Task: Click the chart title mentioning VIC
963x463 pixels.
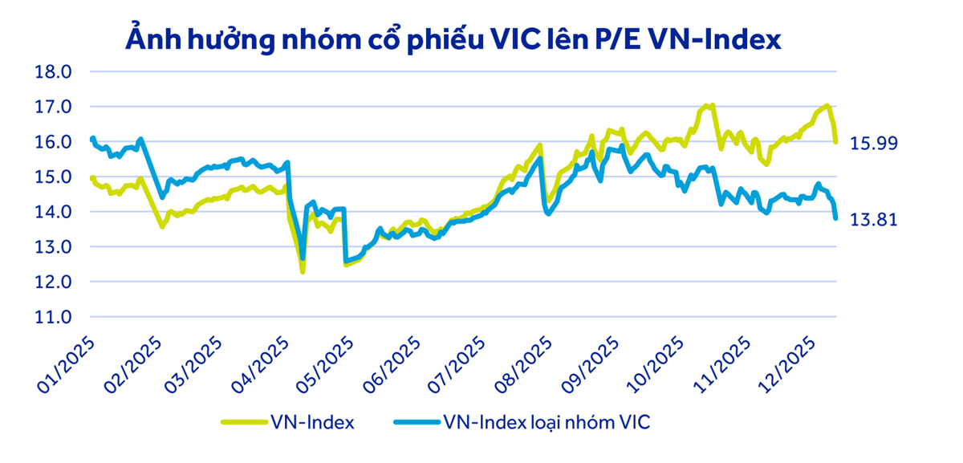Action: [x=453, y=39]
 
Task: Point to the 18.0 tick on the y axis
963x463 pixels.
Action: [x=55, y=72]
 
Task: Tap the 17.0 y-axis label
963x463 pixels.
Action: [x=55, y=107]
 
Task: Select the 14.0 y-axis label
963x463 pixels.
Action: [x=55, y=213]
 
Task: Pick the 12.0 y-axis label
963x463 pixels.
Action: [x=55, y=282]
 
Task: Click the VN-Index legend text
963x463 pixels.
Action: [x=314, y=422]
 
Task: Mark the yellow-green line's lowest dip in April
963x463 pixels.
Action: [x=303, y=272]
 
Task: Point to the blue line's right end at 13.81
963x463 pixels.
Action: [x=835, y=218]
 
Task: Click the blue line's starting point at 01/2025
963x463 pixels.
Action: [x=93, y=139]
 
